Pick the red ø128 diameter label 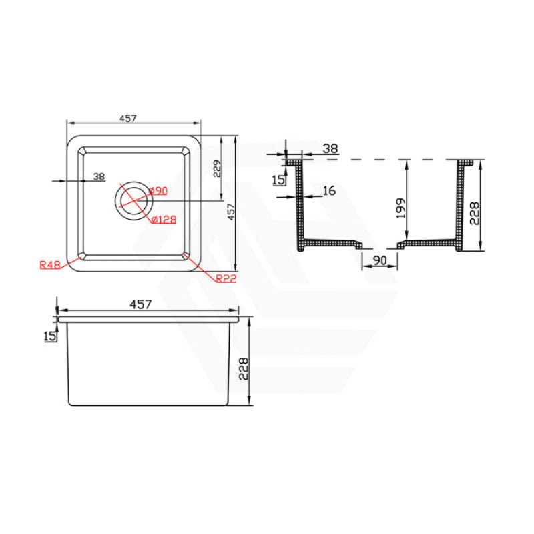(163, 219)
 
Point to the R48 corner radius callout (51, 265)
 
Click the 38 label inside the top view (99, 177)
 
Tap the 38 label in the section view (330, 149)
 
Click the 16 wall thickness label (328, 191)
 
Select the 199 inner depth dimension (401, 208)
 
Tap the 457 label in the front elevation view (141, 304)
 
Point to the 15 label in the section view (278, 179)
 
